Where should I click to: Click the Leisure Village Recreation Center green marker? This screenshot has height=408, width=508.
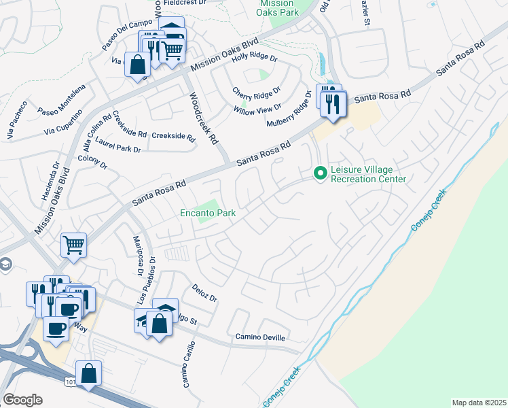(x=321, y=174)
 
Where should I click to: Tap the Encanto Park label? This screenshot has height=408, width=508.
(x=208, y=214)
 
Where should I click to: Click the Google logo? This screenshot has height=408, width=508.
(x=22, y=400)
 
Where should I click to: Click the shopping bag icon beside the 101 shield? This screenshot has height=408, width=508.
(x=89, y=373)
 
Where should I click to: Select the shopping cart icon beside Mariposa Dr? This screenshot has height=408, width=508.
(x=73, y=245)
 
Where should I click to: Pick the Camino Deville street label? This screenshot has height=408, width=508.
(x=261, y=337)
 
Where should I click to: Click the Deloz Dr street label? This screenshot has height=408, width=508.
(x=204, y=293)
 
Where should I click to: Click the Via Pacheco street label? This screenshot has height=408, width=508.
(x=17, y=120)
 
